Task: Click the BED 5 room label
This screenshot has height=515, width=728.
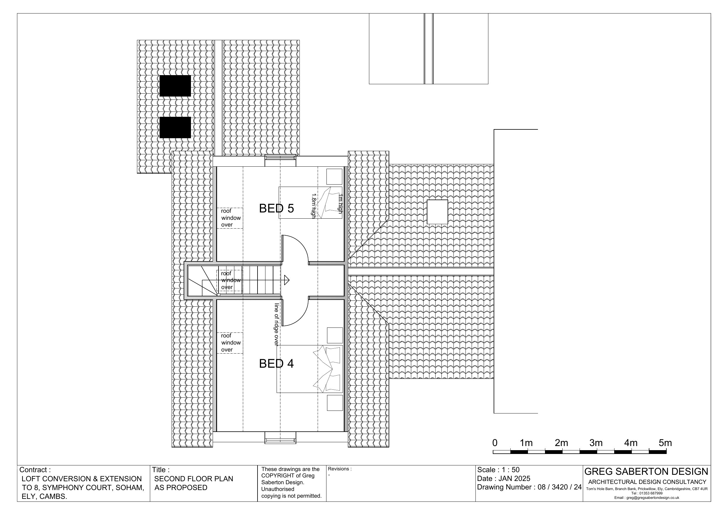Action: click(x=276, y=208)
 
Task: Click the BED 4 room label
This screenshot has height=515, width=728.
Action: click(x=276, y=364)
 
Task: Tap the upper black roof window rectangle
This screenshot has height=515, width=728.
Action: click(x=175, y=86)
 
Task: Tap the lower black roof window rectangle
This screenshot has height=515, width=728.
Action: click(x=175, y=128)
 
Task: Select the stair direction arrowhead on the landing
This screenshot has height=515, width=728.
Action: click(x=287, y=280)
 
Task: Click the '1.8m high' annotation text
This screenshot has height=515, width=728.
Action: click(x=314, y=206)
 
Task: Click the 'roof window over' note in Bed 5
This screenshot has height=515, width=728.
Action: click(x=231, y=218)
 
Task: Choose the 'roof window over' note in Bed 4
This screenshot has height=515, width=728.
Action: click(x=231, y=343)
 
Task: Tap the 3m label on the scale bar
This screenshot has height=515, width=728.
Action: click(x=596, y=443)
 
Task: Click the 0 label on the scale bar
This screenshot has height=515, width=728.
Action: click(x=495, y=443)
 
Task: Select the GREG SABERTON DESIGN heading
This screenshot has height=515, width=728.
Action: click(x=646, y=472)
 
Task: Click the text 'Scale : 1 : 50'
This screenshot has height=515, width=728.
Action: click(x=498, y=470)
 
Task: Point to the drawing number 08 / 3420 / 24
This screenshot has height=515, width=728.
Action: click(x=560, y=487)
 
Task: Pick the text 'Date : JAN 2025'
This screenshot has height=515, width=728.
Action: click(x=504, y=479)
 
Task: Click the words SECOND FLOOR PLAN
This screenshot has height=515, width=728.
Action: click(x=194, y=479)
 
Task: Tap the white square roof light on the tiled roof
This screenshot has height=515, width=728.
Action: click(x=438, y=212)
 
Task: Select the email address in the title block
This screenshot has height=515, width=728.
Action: click(x=646, y=498)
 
